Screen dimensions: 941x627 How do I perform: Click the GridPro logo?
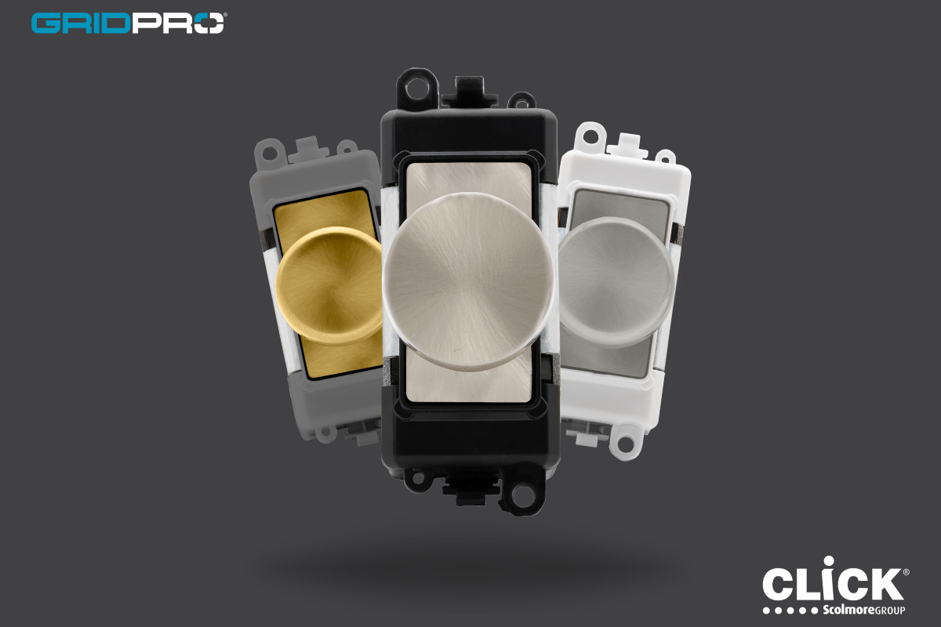129,23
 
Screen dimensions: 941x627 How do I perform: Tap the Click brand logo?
835,585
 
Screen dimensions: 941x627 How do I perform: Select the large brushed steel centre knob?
468,281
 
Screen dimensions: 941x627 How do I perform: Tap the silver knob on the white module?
616,281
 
